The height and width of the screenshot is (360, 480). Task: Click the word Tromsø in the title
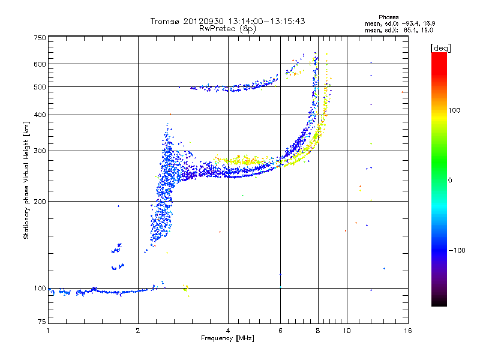[x=165, y=21]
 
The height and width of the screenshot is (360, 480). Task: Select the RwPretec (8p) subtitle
[x=227, y=29]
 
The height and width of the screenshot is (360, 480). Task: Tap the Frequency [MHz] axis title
[x=227, y=338]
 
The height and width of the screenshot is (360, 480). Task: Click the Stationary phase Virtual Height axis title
[x=26, y=180]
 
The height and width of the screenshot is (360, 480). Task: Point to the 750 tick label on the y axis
[x=40, y=38]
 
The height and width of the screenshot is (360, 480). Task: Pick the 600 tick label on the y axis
[x=40, y=64]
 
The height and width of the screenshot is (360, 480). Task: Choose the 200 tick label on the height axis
[x=40, y=202]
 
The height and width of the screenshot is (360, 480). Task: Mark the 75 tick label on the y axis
[x=42, y=322]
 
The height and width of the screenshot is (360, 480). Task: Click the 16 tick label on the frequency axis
[x=408, y=331]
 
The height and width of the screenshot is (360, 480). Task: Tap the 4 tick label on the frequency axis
[x=228, y=331]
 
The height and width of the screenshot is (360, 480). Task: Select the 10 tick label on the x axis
[x=347, y=331]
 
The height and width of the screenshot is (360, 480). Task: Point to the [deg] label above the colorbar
[x=440, y=49]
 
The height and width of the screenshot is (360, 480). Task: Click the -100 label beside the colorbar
[x=457, y=250]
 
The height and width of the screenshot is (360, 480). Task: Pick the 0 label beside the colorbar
[x=450, y=181]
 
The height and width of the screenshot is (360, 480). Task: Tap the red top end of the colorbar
[x=439, y=55]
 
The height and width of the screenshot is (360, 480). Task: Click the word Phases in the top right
[x=388, y=17]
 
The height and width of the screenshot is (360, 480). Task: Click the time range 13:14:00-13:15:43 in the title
[x=266, y=21]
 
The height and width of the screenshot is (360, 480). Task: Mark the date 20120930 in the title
[x=203, y=21]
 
